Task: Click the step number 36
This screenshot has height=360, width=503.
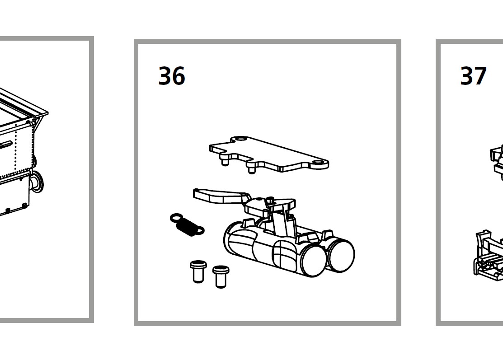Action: click(x=172, y=76)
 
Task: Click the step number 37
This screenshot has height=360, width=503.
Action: click(x=474, y=76)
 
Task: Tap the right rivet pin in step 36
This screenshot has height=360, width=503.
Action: click(x=221, y=276)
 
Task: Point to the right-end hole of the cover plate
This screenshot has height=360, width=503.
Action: click(x=319, y=163)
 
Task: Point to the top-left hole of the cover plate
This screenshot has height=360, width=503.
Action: click(x=240, y=139)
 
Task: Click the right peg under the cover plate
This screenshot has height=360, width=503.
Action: click(x=252, y=168)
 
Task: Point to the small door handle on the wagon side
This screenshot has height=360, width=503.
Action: click(x=6, y=145)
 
